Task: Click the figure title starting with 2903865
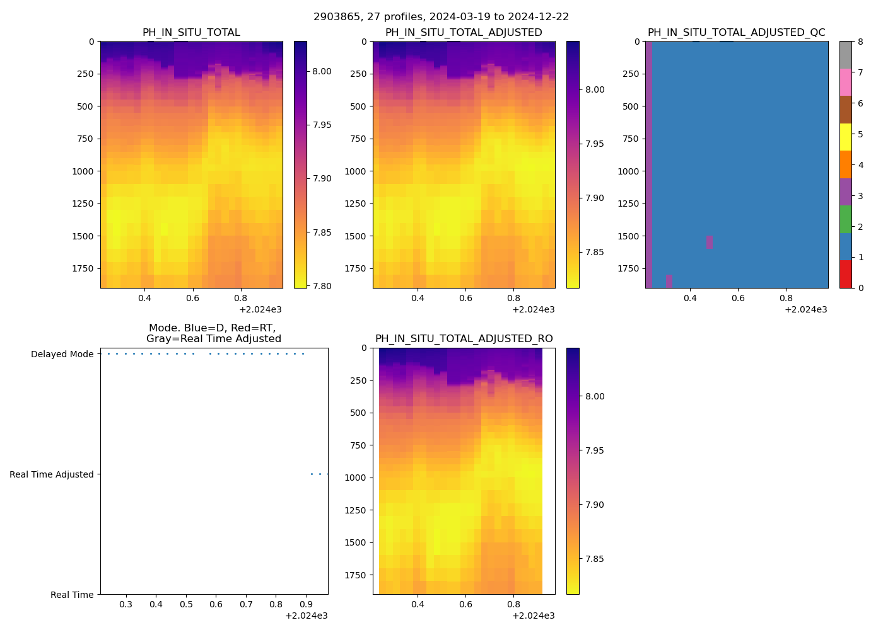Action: tap(441, 17)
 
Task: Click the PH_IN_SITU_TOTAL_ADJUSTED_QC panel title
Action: tap(736, 33)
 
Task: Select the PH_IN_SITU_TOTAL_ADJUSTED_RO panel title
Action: tap(464, 339)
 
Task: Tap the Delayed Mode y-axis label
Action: tap(62, 354)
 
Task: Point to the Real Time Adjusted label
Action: tap(51, 474)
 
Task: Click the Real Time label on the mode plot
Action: tap(72, 595)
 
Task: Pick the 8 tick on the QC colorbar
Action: tap(860, 42)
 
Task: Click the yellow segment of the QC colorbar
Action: tap(845, 137)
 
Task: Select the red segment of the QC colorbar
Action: tap(845, 274)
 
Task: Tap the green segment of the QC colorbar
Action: tap(845, 219)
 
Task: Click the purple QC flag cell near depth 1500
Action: tap(710, 242)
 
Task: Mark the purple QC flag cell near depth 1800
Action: tap(669, 281)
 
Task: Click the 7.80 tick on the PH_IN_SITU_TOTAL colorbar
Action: tap(322, 286)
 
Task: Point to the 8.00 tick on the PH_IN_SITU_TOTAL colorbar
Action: tap(322, 71)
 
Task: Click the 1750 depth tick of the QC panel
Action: tap(628, 268)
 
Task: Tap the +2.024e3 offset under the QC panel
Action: tap(805, 309)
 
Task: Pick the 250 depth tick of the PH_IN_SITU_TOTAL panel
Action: tap(84, 74)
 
